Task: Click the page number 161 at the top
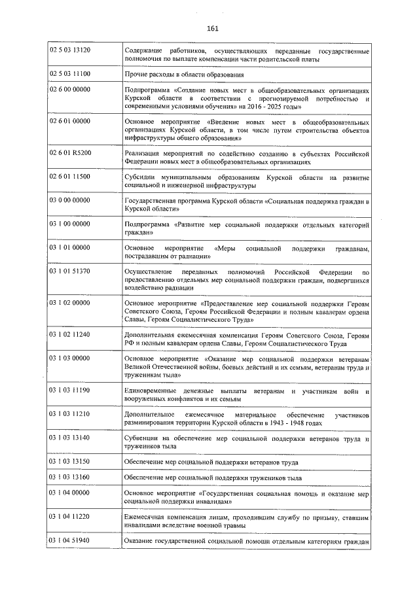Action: pyautogui.click(x=212, y=27)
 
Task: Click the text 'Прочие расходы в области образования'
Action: pyautogui.click(x=182, y=74)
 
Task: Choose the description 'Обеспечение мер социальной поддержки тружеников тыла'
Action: pyautogui.click(x=213, y=478)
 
